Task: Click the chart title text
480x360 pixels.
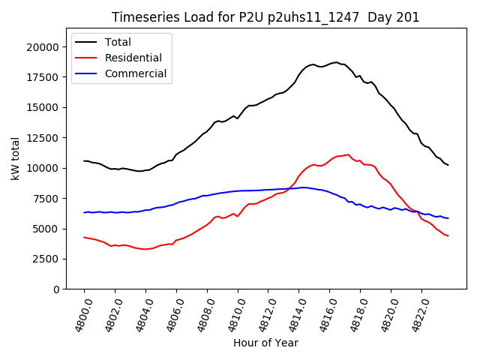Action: tap(265, 17)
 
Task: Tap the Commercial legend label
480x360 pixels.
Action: tap(136, 73)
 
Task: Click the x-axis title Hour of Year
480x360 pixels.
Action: tap(265, 343)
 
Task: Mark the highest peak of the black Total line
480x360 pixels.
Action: tap(336, 62)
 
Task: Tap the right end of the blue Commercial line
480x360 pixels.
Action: tap(448, 218)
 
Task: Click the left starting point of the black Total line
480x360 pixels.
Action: tap(84, 160)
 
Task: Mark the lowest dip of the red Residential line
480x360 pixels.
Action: tap(145, 249)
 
